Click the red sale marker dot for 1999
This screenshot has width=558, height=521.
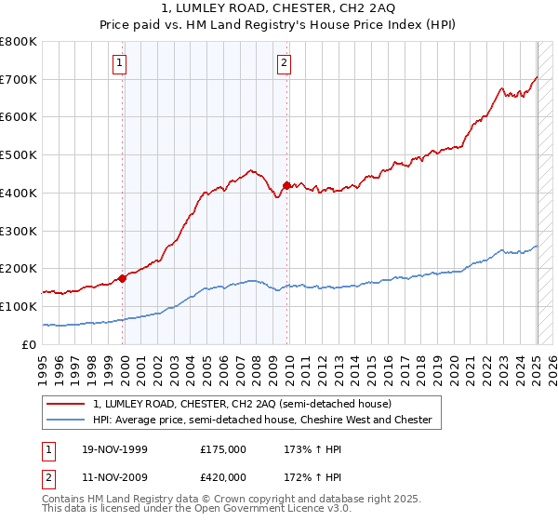tap(123, 277)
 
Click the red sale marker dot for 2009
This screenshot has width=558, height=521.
tap(286, 185)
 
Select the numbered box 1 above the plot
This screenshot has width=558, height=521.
tap(122, 63)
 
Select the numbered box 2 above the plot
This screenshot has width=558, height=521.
tap(283, 63)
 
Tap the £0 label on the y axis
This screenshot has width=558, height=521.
tap(30, 344)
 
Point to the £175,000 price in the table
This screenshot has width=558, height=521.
tap(223, 449)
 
